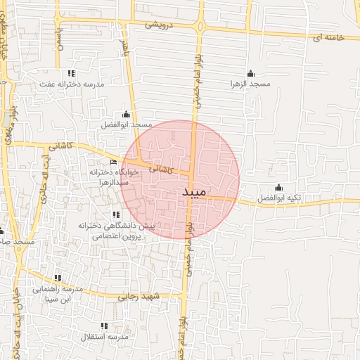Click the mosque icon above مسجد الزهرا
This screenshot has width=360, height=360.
(x=251, y=74)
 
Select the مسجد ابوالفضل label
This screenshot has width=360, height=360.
(x=126, y=124)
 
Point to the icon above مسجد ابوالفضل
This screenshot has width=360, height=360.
(x=126, y=115)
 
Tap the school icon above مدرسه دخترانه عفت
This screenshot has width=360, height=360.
(x=70, y=74)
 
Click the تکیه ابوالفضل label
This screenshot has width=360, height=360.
(x=278, y=198)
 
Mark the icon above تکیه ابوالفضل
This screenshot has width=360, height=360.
(x=278, y=188)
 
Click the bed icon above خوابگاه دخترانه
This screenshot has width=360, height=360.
(x=114, y=162)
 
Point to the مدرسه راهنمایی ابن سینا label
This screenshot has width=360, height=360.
(x=58, y=294)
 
